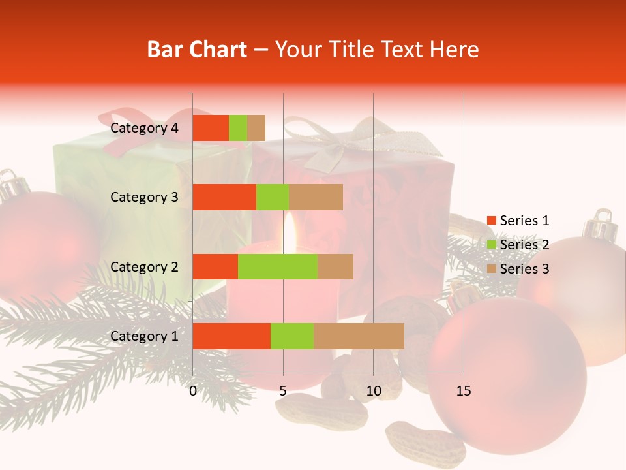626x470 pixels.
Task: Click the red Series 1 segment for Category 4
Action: pyautogui.click(x=211, y=128)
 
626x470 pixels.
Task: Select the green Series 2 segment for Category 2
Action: pyautogui.click(x=278, y=266)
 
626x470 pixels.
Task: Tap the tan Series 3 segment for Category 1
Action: pyautogui.click(x=359, y=336)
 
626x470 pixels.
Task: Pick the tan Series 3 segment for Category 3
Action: pyautogui.click(x=316, y=197)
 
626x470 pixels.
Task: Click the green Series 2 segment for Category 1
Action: pyautogui.click(x=292, y=336)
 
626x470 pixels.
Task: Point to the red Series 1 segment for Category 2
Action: pyautogui.click(x=215, y=266)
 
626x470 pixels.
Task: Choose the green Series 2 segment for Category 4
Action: pyautogui.click(x=238, y=128)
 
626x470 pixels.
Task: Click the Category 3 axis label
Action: pyautogui.click(x=144, y=197)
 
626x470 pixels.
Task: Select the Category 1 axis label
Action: pyautogui.click(x=144, y=336)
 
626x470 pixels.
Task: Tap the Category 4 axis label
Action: pyautogui.click(x=144, y=128)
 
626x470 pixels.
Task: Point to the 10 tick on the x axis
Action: pyautogui.click(x=373, y=391)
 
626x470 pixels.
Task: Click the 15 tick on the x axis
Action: pyautogui.click(x=463, y=391)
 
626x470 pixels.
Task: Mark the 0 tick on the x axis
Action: pyautogui.click(x=193, y=391)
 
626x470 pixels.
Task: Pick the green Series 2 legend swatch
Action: pyautogui.click(x=491, y=245)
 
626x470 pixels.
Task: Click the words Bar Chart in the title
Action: pyautogui.click(x=196, y=50)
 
